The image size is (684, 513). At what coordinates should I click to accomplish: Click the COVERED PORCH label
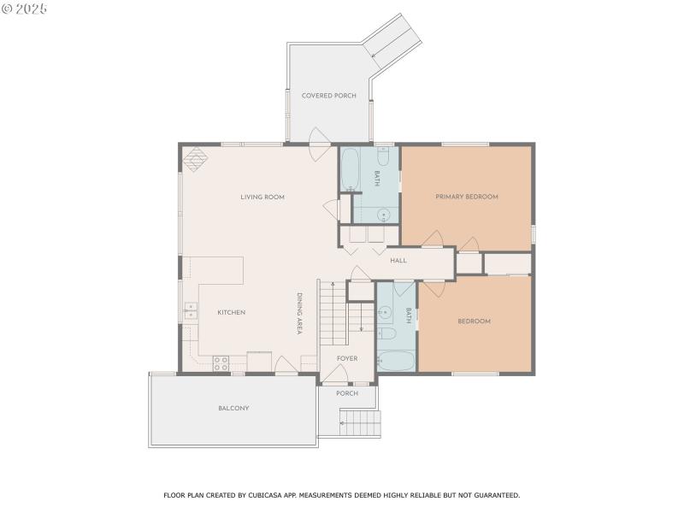pos(329,96)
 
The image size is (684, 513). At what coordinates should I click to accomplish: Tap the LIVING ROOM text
pos(262,198)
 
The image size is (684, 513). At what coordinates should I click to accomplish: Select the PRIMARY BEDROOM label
pos(467,197)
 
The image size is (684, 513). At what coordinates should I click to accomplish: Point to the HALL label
pos(398,260)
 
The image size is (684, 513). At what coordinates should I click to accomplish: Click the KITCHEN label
pos(231,313)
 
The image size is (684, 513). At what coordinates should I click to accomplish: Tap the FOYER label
pos(347,358)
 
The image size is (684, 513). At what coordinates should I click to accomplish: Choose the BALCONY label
pos(233,409)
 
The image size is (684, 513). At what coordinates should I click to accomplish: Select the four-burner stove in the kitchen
pos(221,361)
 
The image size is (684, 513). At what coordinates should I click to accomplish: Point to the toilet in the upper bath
pos(384,156)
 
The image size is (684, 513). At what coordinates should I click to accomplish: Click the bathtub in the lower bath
pos(396,361)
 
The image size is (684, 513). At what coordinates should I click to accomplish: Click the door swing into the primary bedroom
pos(433,239)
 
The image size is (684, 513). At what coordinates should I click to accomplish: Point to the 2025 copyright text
pos(25,9)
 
